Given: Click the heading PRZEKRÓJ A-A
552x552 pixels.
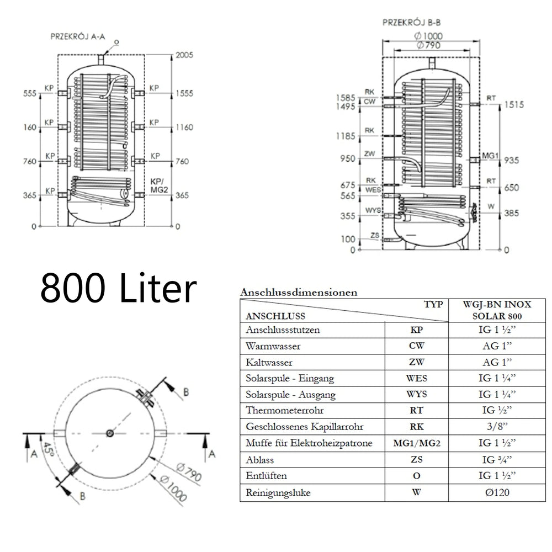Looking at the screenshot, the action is coord(78,36).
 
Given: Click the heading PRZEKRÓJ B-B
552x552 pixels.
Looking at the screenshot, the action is coord(412,23).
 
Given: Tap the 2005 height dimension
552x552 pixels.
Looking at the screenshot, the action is coord(184,55).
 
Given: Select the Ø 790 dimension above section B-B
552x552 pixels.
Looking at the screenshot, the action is coord(428,45).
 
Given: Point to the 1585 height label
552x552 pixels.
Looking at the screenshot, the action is coord(346,98).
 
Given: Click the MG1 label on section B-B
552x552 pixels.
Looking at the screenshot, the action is coord(490,156).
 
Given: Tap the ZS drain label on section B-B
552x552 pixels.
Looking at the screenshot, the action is coord(375,235).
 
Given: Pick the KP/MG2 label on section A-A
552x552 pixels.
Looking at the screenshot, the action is coord(159,185).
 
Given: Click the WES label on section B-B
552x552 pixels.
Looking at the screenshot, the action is coord(373,190).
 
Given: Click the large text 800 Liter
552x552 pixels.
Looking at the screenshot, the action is coord(118,288).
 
